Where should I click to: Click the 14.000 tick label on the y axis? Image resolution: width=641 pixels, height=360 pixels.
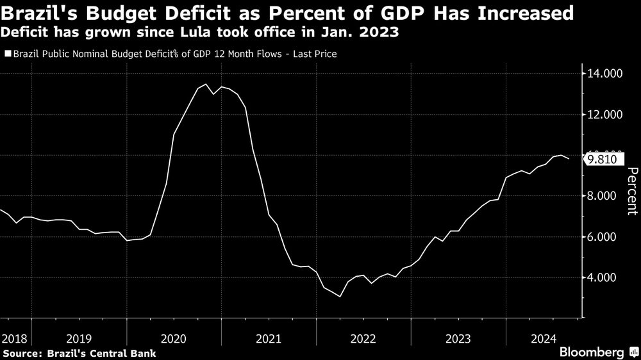(605, 74)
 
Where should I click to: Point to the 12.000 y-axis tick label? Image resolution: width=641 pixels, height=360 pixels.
(605, 115)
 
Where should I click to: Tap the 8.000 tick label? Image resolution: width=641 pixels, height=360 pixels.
(605, 196)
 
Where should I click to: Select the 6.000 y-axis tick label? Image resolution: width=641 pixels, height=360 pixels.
(605, 237)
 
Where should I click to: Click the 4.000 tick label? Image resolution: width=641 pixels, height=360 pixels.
(605, 277)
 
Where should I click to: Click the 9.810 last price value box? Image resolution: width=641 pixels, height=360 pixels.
(603, 159)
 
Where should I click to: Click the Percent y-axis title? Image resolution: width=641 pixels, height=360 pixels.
(631, 190)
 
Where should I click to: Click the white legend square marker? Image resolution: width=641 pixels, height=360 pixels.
(8, 54)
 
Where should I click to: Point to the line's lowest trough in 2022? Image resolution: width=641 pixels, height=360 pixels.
(340, 297)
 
